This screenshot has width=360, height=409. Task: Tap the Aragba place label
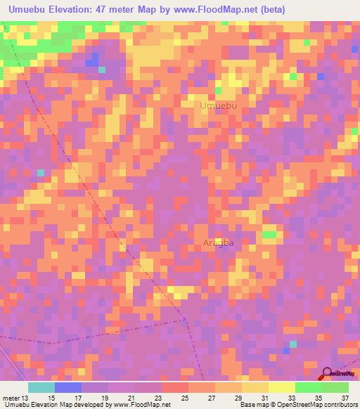pyautogui.click(x=217, y=243)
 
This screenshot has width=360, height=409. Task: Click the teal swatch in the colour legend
pyautogui.click(x=41, y=387)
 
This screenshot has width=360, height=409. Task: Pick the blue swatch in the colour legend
pyautogui.click(x=67, y=387)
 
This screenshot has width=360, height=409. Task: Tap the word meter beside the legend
pyautogui.click(x=10, y=398)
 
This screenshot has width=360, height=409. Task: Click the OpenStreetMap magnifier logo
pyautogui.click(x=327, y=374)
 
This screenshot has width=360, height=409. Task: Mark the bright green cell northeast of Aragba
pyautogui.click(x=269, y=234)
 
